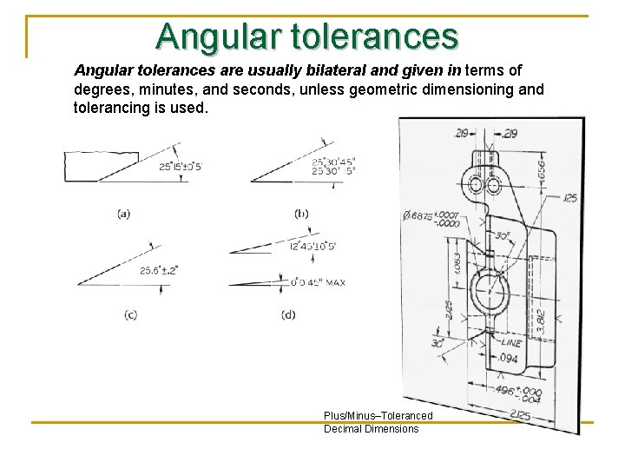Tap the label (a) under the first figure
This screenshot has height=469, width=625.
[124, 214]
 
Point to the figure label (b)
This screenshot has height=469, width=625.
[302, 214]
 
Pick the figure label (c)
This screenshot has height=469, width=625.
[129, 314]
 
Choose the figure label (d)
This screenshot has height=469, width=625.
[288, 314]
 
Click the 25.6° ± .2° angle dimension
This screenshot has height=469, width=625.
[158, 270]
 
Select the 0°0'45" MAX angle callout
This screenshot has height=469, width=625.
[317, 281]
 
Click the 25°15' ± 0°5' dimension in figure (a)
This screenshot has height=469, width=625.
[180, 167]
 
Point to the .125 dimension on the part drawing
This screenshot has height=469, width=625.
[569, 199]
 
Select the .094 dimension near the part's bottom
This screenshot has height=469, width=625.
[510, 358]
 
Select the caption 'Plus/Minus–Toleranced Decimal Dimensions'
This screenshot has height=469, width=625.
[377, 422]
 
